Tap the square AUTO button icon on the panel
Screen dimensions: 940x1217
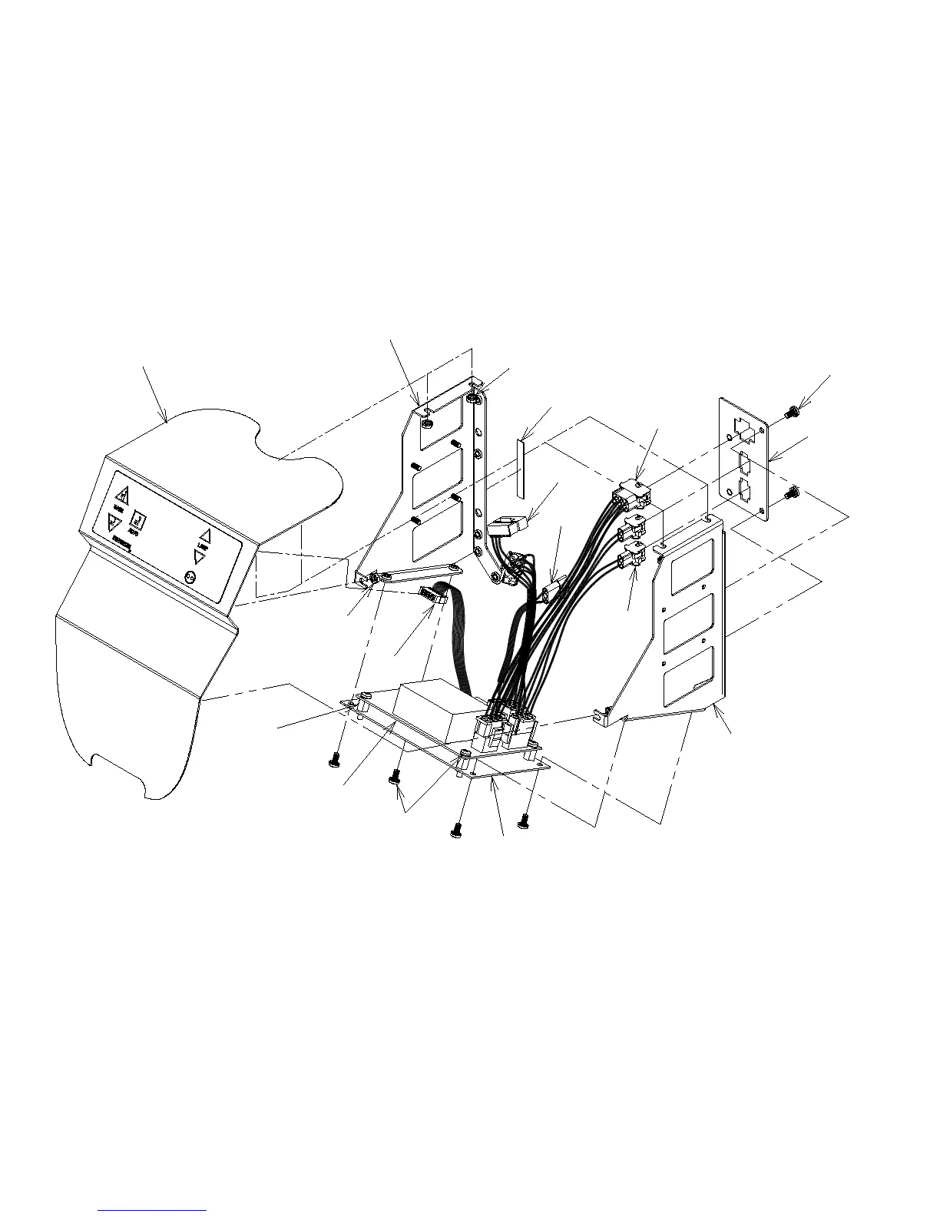(139, 519)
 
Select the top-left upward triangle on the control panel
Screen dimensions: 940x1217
(121, 492)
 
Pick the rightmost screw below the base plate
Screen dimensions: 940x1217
(524, 821)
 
